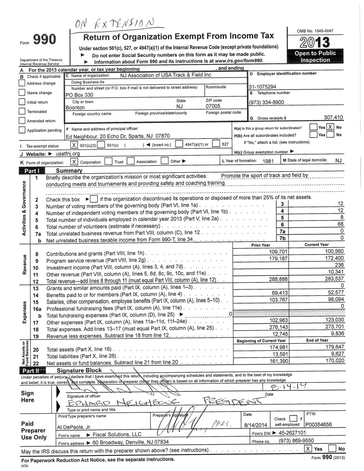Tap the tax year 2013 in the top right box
(x=315, y=42)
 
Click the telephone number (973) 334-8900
(x=267, y=102)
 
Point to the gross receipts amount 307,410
(x=333, y=117)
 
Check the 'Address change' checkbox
(x=22, y=83)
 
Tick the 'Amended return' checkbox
(x=22, y=121)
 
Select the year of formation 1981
(x=268, y=161)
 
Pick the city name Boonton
(x=75, y=108)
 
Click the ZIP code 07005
(x=213, y=106)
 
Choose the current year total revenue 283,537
(x=333, y=279)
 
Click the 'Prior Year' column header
(x=260, y=245)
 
